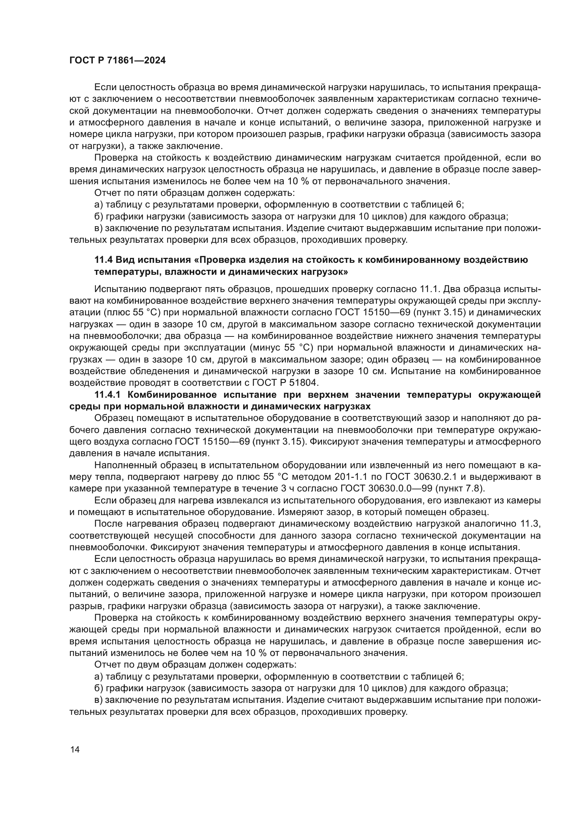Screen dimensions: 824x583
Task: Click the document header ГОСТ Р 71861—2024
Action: tap(117, 60)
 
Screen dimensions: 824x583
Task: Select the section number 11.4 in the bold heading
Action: tap(103, 260)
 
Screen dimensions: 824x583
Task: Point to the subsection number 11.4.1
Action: tap(108, 395)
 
